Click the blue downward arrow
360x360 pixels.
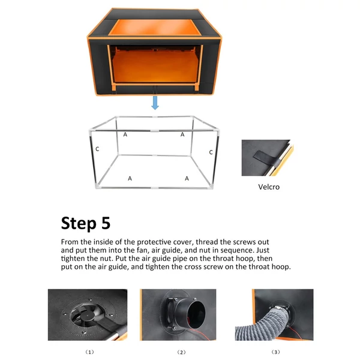pyautogui.click(x=155, y=103)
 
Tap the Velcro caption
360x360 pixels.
pyautogui.click(x=269, y=187)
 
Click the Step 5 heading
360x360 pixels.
pyautogui.click(x=86, y=223)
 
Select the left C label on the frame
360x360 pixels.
pyautogui.click(x=97, y=149)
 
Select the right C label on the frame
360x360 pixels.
pyautogui.click(x=211, y=152)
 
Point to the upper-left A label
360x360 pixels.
pyautogui.click(x=125, y=134)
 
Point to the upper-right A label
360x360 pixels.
pyautogui.click(x=182, y=134)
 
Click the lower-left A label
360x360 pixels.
pyautogui.click(x=130, y=178)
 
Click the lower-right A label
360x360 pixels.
pyautogui.click(x=187, y=178)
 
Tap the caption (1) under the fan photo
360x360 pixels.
pyautogui.click(x=90, y=352)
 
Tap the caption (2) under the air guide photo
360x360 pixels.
pyautogui.click(x=181, y=352)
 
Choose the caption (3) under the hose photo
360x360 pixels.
pyautogui.click(x=276, y=352)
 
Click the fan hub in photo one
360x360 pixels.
pyautogui.click(x=88, y=315)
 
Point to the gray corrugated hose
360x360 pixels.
pyautogui.click(x=262, y=326)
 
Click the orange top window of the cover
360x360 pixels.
pyautogui.click(x=155, y=27)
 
